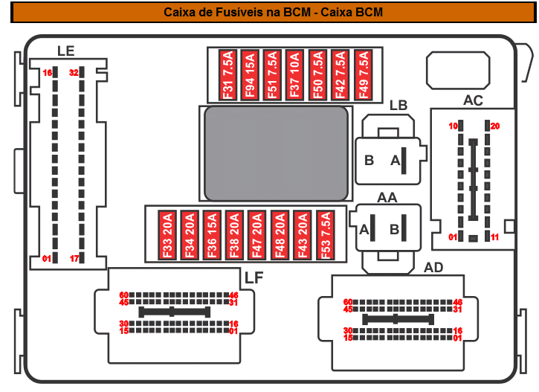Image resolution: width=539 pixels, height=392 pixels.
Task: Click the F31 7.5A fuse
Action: pyautogui.click(x=227, y=75)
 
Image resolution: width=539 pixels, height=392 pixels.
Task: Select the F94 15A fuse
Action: pyautogui.click(x=250, y=75)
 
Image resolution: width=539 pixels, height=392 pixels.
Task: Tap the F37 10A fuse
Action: pyautogui.click(x=295, y=75)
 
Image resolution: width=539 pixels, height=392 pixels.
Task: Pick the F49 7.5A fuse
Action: pyautogui.click(x=363, y=75)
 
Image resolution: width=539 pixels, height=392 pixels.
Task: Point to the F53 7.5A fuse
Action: pyautogui.click(x=324, y=235)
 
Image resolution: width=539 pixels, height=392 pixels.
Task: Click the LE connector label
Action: pyautogui.click(x=66, y=51)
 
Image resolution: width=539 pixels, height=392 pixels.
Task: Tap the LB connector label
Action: pyautogui.click(x=398, y=105)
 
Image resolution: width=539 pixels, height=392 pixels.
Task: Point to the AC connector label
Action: pyautogui.click(x=473, y=100)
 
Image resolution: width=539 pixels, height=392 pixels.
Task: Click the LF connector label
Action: pyautogui.click(x=254, y=277)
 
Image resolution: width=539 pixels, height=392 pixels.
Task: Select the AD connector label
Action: pyautogui.click(x=433, y=267)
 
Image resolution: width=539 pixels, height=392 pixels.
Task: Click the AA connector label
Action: pyautogui.click(x=387, y=197)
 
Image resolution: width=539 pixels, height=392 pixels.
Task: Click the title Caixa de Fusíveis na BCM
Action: pyautogui.click(x=274, y=12)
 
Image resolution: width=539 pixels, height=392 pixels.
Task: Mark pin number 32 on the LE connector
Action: pyautogui.click(x=74, y=73)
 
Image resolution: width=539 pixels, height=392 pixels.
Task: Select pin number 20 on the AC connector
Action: pyautogui.click(x=495, y=126)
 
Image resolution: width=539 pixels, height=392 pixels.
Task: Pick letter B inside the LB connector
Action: pyautogui.click(x=369, y=160)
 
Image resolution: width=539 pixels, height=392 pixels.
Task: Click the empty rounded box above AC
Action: pyautogui.click(x=457, y=71)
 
